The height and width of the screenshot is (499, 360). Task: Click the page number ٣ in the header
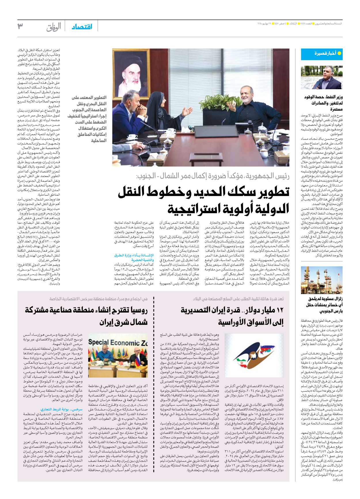[20, 26]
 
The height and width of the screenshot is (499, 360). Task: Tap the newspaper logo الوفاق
[54, 27]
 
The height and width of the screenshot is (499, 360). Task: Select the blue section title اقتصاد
[82, 27]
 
